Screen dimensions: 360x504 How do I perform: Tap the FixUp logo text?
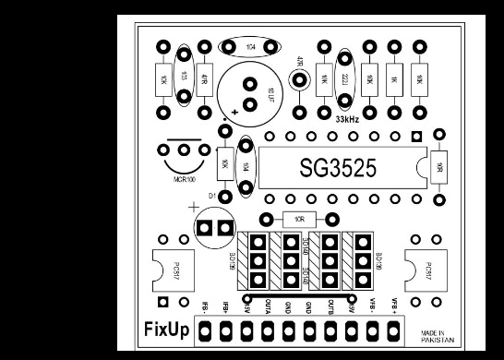(167, 329)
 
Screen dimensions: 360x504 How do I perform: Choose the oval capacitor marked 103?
(185, 78)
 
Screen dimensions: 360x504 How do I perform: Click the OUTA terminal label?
(267, 307)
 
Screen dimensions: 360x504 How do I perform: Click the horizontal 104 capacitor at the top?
(250, 45)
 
